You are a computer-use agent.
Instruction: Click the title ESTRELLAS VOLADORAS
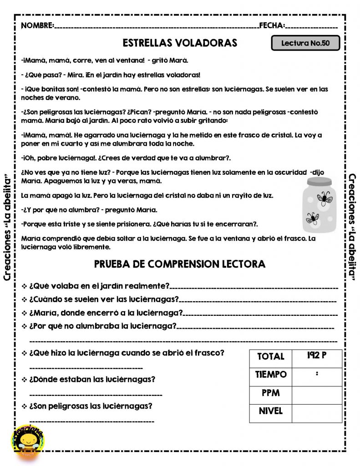180,43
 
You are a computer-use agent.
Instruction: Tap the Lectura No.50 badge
305,43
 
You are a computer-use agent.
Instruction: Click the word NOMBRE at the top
37,25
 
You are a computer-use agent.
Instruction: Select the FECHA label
272,25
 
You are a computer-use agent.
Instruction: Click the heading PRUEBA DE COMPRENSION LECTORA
180,264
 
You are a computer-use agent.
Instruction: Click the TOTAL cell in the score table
271,357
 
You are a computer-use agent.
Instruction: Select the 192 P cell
317,356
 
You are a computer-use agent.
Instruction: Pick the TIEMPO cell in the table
271,375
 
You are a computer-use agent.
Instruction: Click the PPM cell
271,393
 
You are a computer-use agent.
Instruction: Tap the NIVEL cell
271,411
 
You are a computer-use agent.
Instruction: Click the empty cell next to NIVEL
317,413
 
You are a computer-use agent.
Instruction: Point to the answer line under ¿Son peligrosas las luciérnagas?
91,421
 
